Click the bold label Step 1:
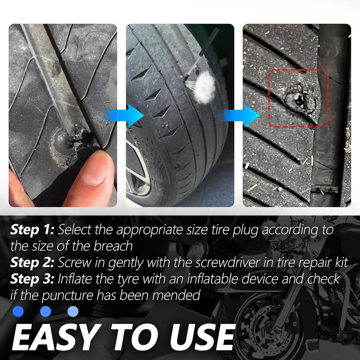pos(32,230)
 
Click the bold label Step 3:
pos(32,279)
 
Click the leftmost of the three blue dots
pos(18,311)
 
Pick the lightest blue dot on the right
pos(73,311)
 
